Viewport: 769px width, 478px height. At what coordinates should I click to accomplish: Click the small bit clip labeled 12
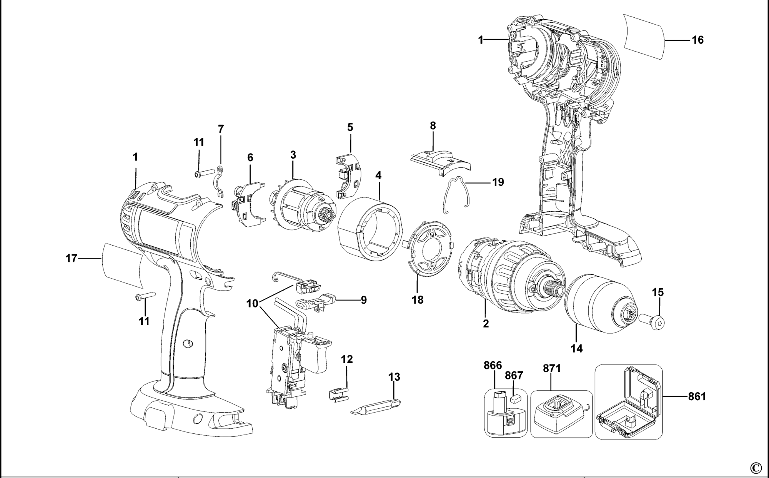click(x=338, y=394)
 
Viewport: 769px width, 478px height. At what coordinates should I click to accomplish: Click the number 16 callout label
click(x=697, y=40)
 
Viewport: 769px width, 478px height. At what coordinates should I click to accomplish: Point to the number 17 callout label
click(x=72, y=258)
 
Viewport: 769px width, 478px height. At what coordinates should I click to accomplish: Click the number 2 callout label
click(x=486, y=324)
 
